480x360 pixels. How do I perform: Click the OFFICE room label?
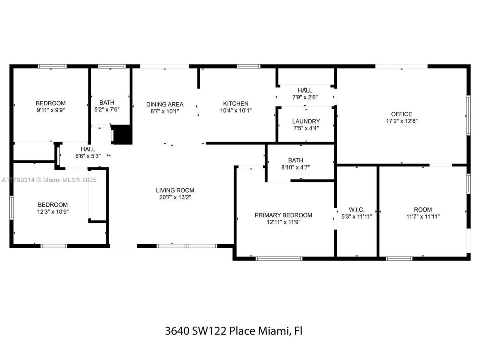[401, 114]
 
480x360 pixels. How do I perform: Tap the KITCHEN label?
[235, 103]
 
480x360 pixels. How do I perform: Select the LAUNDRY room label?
[306, 121]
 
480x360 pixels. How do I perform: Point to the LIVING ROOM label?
[175, 190]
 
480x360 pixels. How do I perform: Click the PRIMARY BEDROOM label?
[283, 215]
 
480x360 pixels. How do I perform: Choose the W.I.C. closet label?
[356, 210]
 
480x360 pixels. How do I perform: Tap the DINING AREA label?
[165, 104]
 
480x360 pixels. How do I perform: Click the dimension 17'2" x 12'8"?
[402, 121]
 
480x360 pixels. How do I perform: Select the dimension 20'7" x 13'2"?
[175, 197]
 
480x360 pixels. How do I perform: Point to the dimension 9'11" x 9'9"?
[51, 110]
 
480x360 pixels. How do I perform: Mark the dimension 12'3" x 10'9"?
[52, 211]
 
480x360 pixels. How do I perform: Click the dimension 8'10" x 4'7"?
[295, 167]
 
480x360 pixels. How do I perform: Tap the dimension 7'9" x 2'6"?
[305, 97]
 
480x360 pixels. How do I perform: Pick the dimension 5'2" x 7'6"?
[107, 109]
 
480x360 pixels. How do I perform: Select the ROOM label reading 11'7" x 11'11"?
[423, 210]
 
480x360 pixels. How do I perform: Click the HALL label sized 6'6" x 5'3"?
[88, 149]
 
